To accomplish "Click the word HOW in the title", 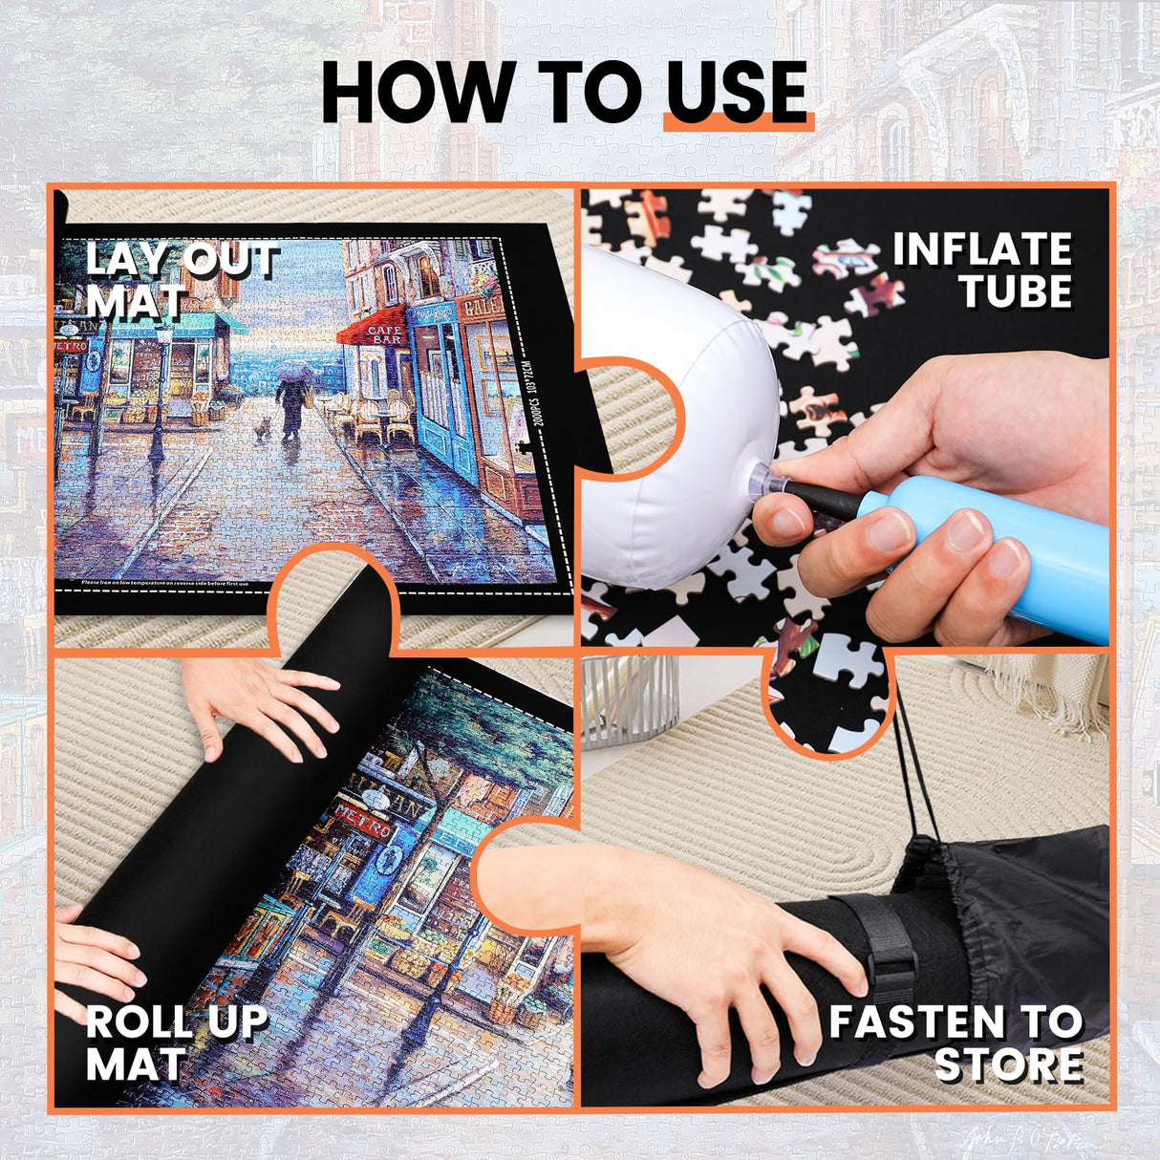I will [x=416, y=93].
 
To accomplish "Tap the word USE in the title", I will [x=737, y=93].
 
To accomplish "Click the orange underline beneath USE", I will [x=738, y=124].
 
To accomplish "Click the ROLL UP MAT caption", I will [x=177, y=1042].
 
